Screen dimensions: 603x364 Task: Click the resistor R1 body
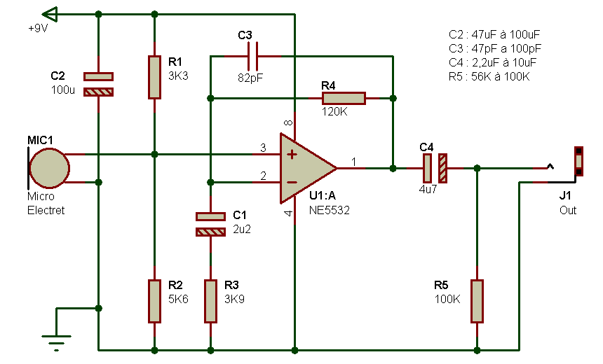tap(154, 77)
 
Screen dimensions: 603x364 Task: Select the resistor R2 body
tap(154, 301)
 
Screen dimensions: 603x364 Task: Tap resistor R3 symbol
tap(210, 301)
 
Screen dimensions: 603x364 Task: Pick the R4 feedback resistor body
tap(344, 98)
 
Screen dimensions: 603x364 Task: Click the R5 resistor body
tap(477, 301)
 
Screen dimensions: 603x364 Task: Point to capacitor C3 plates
tap(252, 57)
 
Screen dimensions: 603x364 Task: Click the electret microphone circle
tap(50, 168)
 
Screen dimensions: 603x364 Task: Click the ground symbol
tap(57, 342)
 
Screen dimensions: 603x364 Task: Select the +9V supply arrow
tap(50, 15)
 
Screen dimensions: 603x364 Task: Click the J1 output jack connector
tap(578, 161)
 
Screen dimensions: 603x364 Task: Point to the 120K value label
tap(334, 112)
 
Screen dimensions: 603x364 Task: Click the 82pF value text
tap(250, 78)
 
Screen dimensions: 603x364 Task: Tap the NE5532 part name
tap(329, 210)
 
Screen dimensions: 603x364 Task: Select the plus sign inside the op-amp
tap(292, 155)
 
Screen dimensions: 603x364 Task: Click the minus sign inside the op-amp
tap(292, 183)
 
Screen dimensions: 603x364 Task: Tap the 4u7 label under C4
tap(428, 189)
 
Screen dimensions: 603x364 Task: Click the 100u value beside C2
tap(63, 90)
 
